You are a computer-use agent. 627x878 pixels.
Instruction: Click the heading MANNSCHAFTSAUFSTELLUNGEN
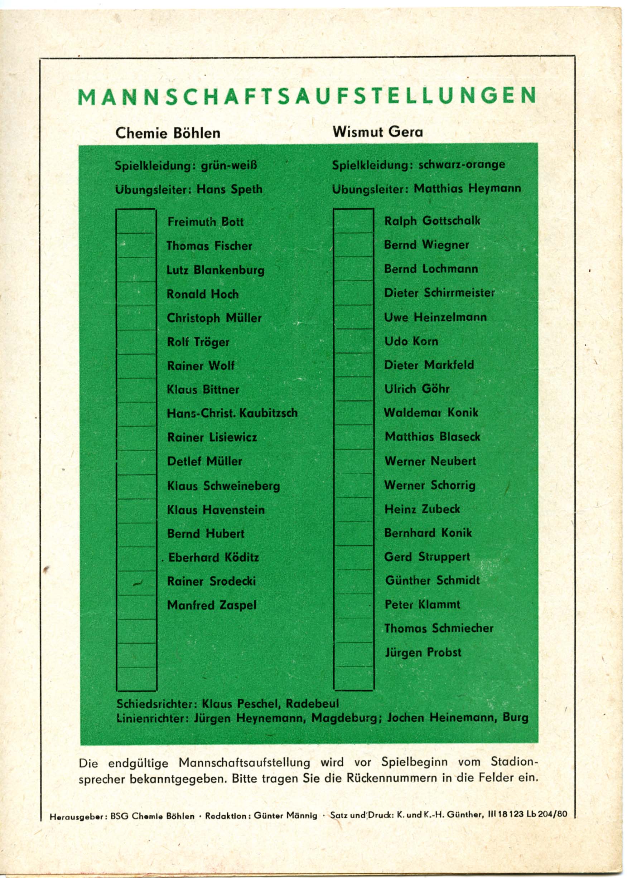coord(307,97)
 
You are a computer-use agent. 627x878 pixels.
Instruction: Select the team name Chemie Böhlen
coord(168,133)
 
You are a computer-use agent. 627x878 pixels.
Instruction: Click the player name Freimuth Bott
coord(206,222)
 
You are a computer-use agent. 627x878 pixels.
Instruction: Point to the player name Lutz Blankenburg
coord(216,270)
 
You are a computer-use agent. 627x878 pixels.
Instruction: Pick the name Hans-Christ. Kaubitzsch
coord(232,413)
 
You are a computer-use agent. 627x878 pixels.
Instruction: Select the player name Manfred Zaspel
coord(212,605)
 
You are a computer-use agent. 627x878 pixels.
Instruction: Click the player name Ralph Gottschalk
coord(432,221)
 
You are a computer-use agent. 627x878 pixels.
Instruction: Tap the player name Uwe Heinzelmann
coord(435,317)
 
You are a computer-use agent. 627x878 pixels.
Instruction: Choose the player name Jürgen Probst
coord(423,652)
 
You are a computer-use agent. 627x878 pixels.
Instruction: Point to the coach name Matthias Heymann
coord(467,188)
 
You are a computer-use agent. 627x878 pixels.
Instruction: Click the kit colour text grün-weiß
coord(229,166)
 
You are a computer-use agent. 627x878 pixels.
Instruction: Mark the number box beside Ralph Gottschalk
coord(353,221)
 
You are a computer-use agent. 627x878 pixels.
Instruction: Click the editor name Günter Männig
coord(285,815)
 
